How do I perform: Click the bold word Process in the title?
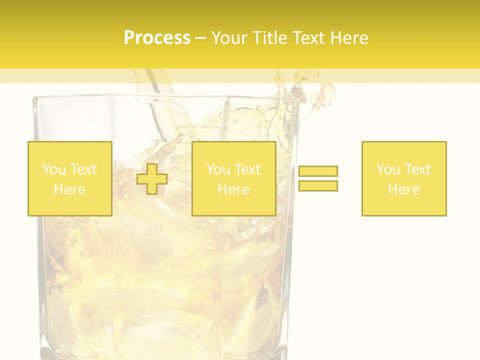pyautogui.click(x=157, y=38)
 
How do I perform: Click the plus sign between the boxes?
pyautogui.click(x=152, y=179)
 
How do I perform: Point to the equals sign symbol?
pyautogui.click(x=318, y=178)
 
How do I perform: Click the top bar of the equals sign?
pyautogui.click(x=318, y=171)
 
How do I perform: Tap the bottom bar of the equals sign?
pyautogui.click(x=318, y=185)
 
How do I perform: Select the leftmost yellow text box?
pyautogui.click(x=70, y=178)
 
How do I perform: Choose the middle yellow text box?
pyautogui.click(x=233, y=178)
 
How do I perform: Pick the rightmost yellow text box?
pyautogui.click(x=404, y=178)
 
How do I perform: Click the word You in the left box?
pyautogui.click(x=53, y=169)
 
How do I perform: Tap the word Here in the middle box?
pyautogui.click(x=233, y=189)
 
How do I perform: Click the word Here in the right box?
pyautogui.click(x=404, y=189)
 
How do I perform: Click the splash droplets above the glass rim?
pyautogui.click(x=327, y=92)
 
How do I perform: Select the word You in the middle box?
pyautogui.click(x=217, y=169)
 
